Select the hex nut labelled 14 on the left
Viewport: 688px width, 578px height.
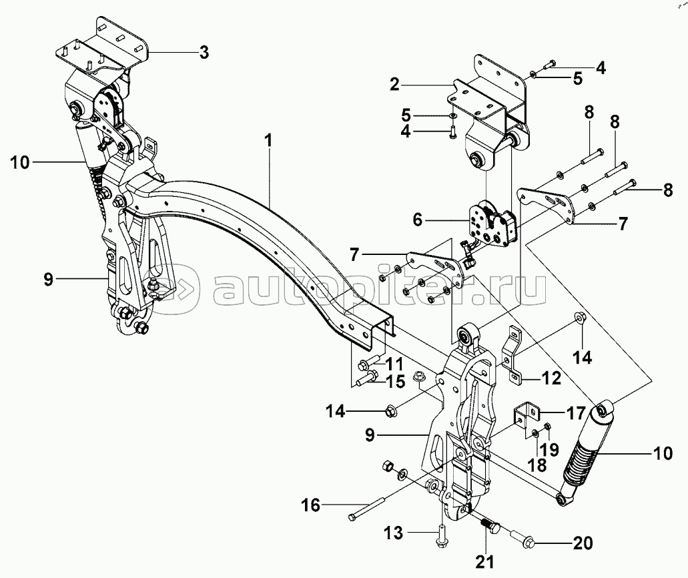(x=392, y=410)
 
